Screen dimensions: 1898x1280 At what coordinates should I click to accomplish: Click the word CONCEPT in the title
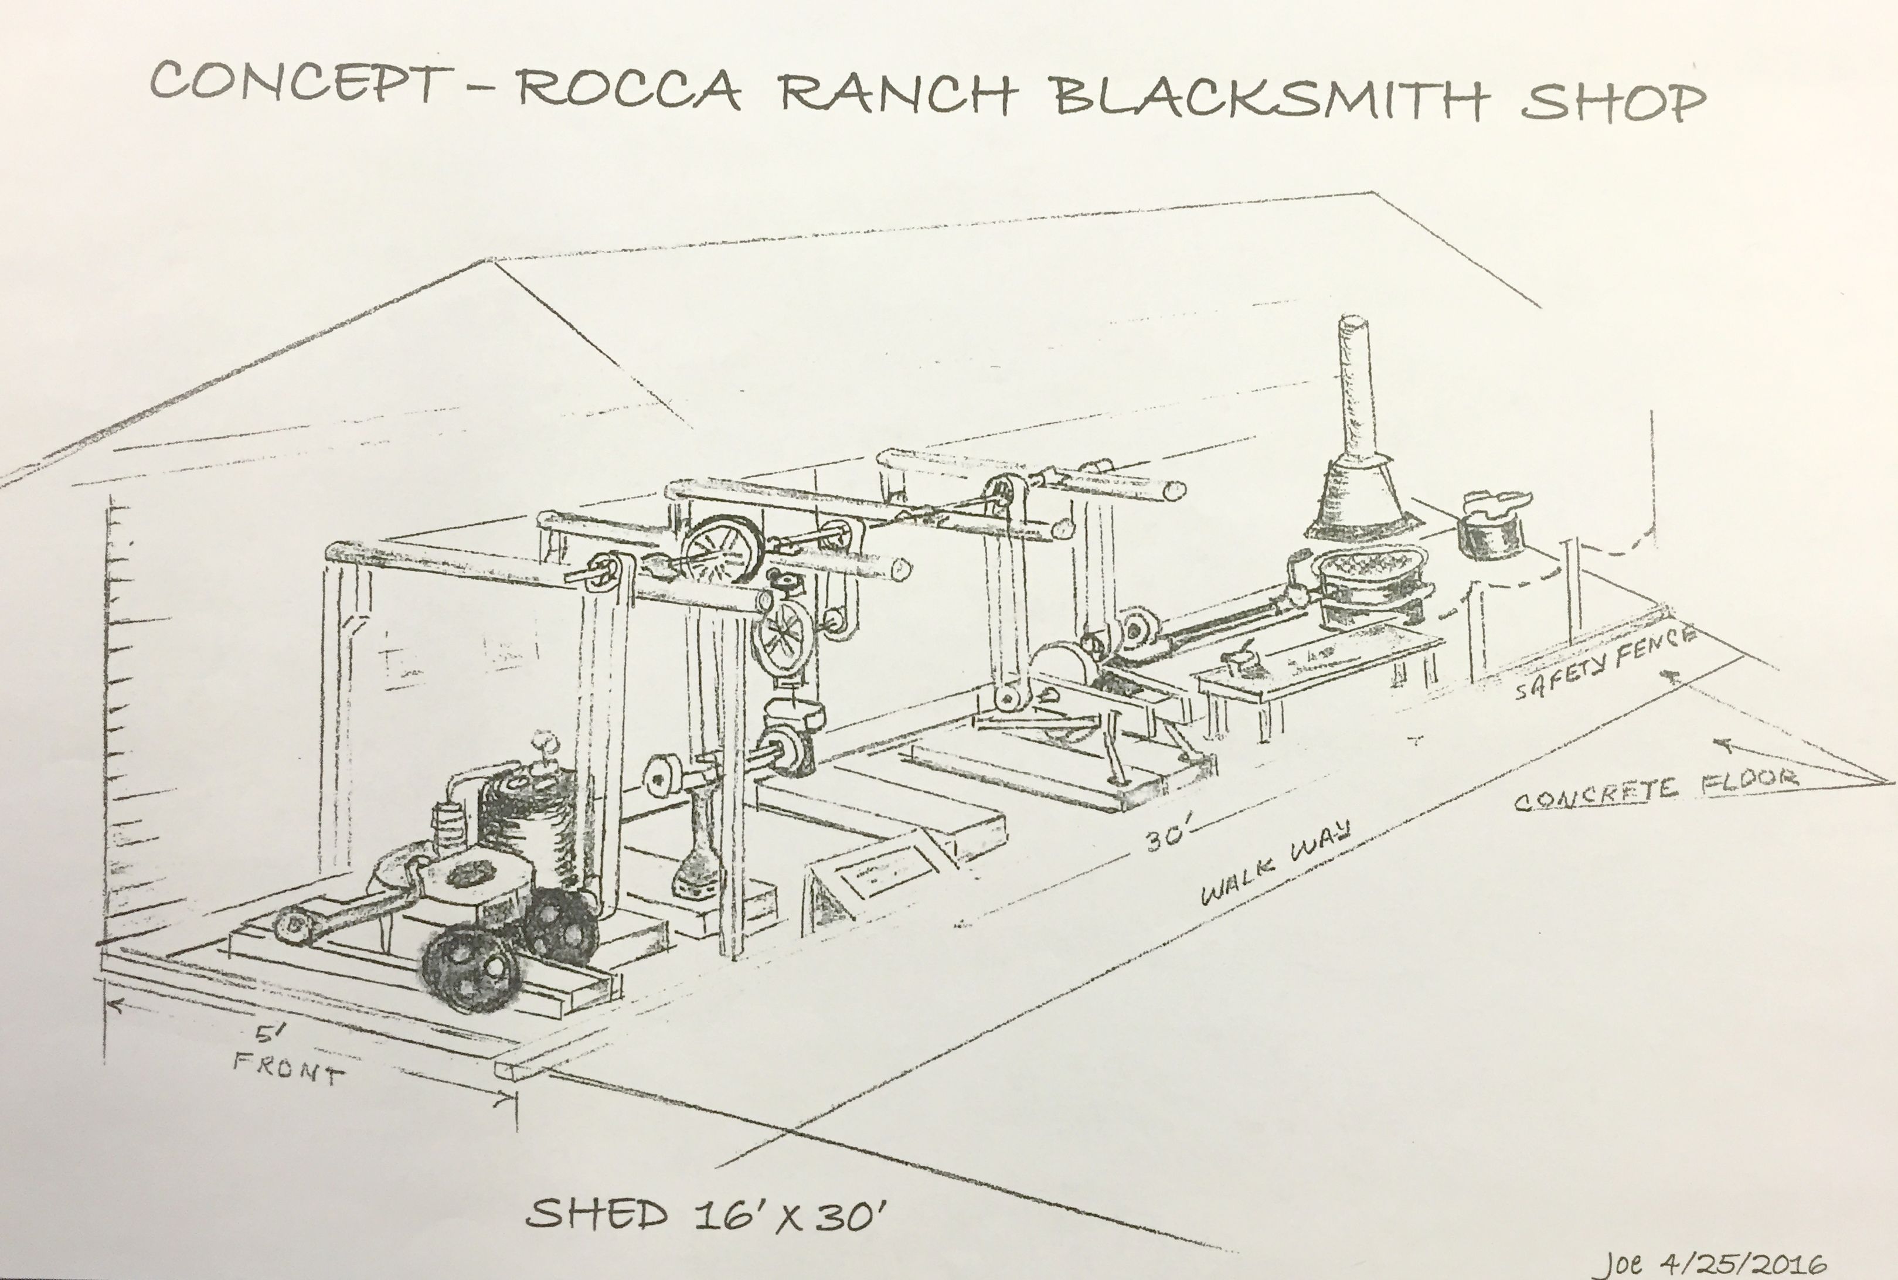point(301,81)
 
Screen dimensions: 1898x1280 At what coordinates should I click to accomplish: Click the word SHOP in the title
point(1613,101)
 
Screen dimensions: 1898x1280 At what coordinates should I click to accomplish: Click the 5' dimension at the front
point(268,1034)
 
